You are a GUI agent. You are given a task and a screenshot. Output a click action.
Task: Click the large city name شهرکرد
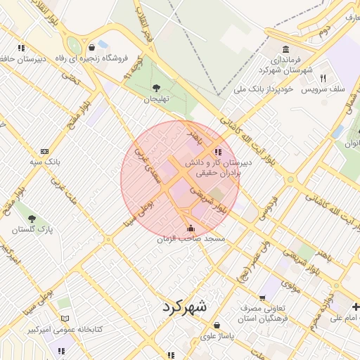[x=185, y=307]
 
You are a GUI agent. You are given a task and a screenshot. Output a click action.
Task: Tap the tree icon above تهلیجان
[x=155, y=88]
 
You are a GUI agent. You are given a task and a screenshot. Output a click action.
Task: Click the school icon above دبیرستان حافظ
[x=22, y=48]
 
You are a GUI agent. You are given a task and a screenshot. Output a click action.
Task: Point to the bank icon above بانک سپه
[x=45, y=151]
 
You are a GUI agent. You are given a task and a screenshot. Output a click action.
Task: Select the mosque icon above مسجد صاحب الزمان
[x=191, y=229]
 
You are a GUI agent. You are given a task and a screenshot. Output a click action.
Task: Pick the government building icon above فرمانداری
[x=285, y=49]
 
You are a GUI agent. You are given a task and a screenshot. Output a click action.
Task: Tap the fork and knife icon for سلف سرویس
[x=323, y=78]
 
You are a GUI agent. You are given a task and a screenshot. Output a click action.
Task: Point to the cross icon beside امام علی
[x=356, y=306]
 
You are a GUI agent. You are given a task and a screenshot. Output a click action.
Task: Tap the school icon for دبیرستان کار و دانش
[x=217, y=151]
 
